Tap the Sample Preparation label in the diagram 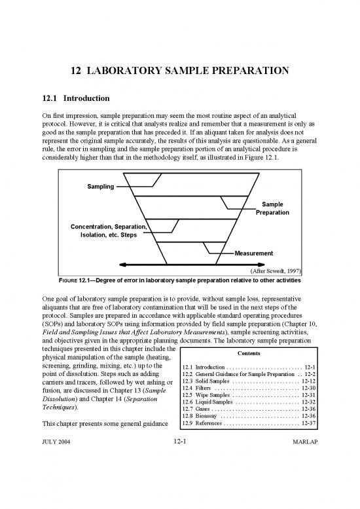[x=272, y=208]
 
